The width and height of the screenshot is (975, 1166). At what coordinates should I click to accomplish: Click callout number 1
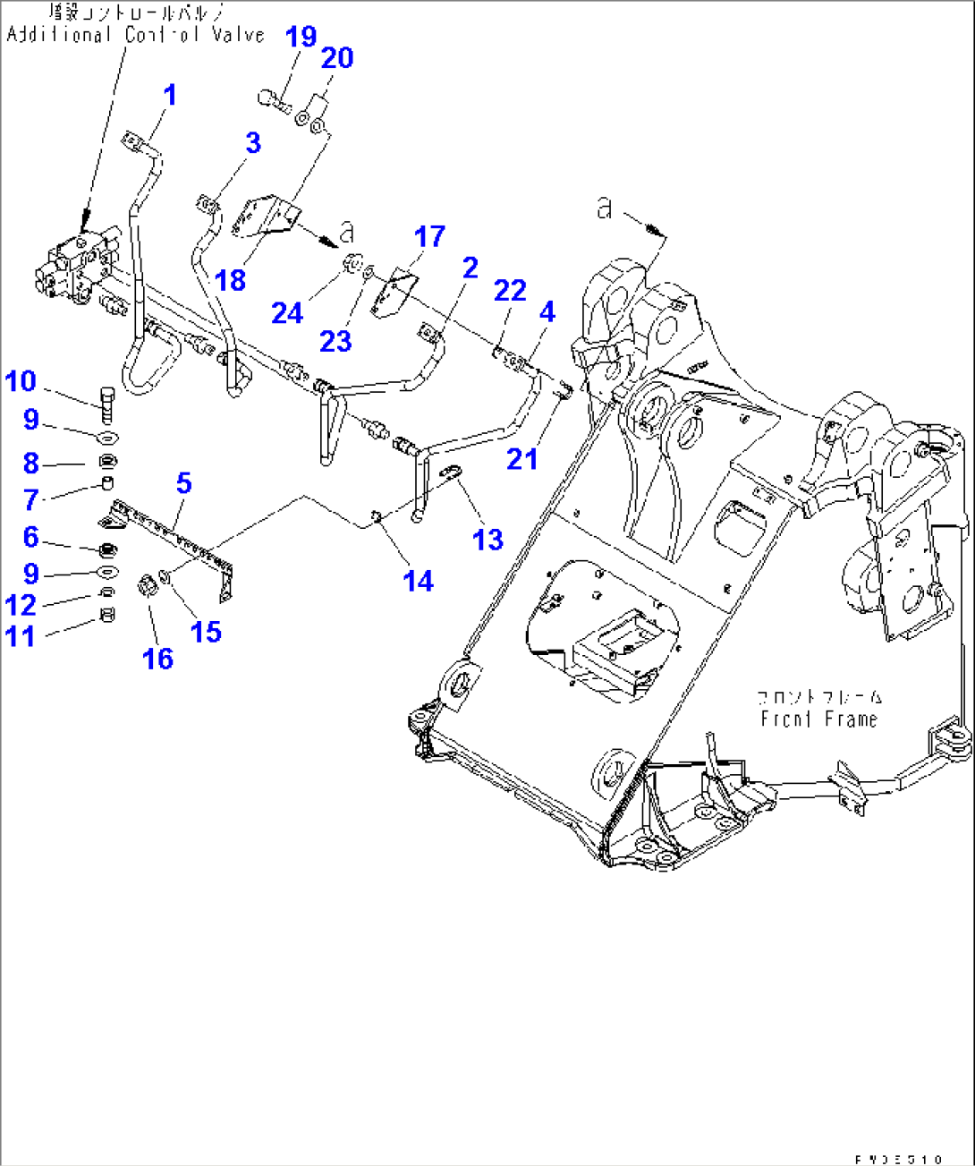tap(169, 95)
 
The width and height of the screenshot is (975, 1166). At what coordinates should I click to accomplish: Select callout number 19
tap(301, 37)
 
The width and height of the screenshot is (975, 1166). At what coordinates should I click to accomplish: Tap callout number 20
tap(336, 58)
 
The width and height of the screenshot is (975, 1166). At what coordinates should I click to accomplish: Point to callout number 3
tap(253, 142)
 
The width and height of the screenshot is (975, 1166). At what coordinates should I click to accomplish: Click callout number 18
tap(230, 280)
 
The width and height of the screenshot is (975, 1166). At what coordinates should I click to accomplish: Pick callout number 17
tap(429, 236)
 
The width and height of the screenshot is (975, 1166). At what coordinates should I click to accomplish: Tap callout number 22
tap(510, 290)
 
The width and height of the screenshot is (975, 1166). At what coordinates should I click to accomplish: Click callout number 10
tap(21, 381)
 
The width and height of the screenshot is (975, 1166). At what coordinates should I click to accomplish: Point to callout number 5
tap(183, 483)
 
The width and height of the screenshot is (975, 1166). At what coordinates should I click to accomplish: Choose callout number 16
tap(157, 659)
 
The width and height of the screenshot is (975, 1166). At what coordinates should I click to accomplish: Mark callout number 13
tap(487, 539)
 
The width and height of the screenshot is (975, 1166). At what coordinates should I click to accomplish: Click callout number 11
tap(21, 636)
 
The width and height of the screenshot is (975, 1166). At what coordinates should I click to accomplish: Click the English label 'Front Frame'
tap(818, 719)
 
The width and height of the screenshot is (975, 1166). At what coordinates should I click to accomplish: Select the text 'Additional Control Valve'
tap(136, 35)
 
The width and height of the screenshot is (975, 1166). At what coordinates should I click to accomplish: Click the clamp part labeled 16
tap(148, 587)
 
